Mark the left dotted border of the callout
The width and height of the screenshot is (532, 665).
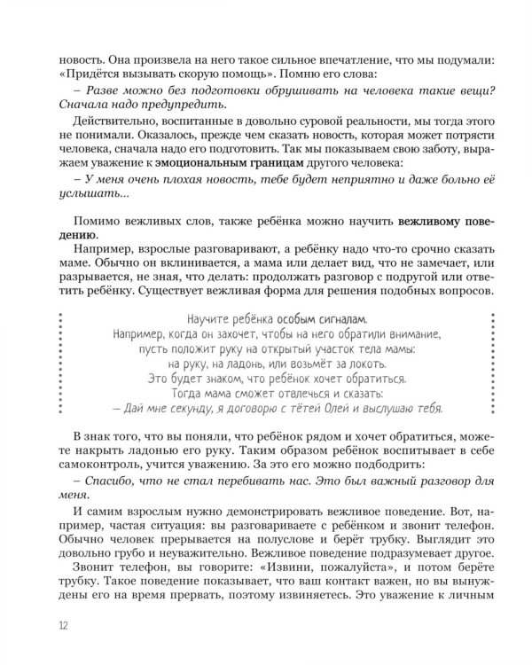tap(60, 364)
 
